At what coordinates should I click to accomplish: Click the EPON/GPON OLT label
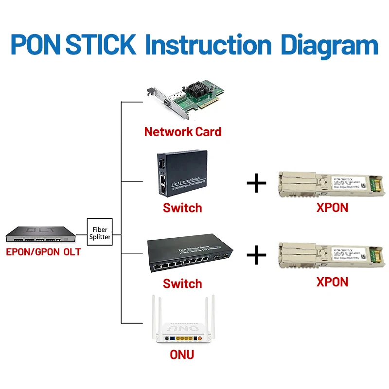click(x=43, y=252)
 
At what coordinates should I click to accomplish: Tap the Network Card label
click(x=182, y=131)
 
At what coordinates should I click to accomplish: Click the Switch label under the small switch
click(x=182, y=208)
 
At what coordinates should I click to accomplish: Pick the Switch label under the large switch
click(x=182, y=283)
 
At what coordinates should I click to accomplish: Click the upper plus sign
click(x=257, y=184)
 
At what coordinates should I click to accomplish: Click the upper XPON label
click(x=333, y=208)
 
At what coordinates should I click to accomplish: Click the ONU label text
click(x=182, y=354)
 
